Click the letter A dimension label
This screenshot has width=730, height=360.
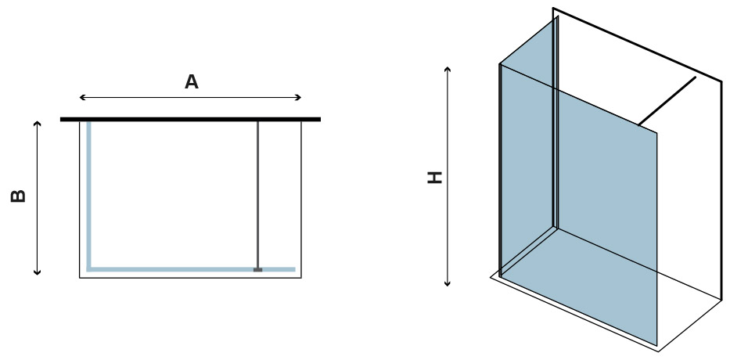(x=192, y=82)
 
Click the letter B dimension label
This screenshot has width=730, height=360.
(x=18, y=196)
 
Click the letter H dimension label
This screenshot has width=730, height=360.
(x=435, y=178)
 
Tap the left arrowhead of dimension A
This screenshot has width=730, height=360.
(x=82, y=97)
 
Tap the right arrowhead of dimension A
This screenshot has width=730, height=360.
(x=299, y=97)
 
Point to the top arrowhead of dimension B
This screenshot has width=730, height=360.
(x=38, y=124)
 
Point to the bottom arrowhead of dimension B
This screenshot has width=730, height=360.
(x=38, y=272)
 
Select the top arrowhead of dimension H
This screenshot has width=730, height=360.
(x=448, y=70)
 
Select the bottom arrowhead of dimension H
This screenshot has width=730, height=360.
(x=448, y=283)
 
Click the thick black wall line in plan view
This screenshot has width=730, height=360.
(x=190, y=119)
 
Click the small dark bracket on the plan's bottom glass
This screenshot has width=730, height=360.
(x=258, y=270)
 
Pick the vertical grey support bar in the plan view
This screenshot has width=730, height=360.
(x=257, y=195)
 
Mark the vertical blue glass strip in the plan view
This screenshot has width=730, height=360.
(x=88, y=195)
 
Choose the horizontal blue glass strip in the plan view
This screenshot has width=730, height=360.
(x=191, y=269)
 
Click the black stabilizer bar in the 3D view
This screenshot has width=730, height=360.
(x=667, y=101)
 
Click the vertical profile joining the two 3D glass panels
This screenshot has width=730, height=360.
(x=555, y=122)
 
